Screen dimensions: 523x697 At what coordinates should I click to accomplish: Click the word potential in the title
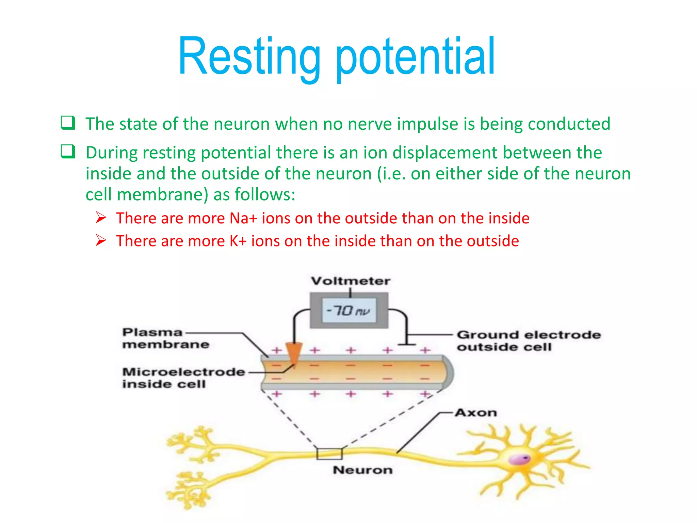(x=415, y=56)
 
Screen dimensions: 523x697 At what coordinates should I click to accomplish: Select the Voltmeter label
(x=351, y=281)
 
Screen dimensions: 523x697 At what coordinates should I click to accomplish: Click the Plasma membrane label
(x=165, y=338)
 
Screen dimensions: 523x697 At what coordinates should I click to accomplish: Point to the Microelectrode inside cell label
(x=183, y=378)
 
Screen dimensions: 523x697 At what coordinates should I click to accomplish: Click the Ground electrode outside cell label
(x=528, y=341)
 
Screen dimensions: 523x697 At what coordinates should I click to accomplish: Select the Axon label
(x=476, y=413)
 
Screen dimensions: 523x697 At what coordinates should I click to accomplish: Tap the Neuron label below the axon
(x=362, y=470)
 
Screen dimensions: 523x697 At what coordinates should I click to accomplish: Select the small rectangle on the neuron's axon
(x=329, y=454)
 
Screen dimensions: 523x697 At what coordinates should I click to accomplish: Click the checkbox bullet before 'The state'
(x=68, y=123)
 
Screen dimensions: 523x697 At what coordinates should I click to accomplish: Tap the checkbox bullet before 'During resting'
(x=68, y=151)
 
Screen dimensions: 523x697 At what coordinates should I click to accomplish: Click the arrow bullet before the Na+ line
(x=101, y=217)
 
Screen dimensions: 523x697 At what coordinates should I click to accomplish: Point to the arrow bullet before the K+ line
(x=101, y=240)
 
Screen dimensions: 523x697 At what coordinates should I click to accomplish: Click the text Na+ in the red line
(x=243, y=218)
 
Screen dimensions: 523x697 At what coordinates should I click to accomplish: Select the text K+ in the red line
(x=238, y=241)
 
